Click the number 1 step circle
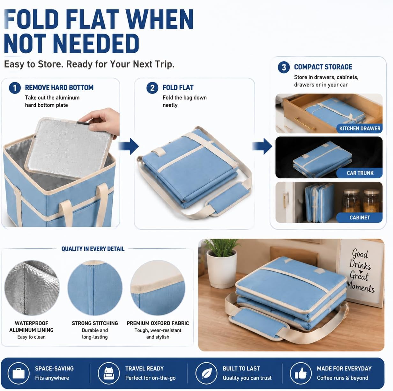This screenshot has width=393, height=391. (x=15, y=88)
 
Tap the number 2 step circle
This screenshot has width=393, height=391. (x=152, y=88)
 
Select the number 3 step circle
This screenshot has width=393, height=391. (x=284, y=67)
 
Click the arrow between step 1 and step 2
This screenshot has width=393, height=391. (x=129, y=146)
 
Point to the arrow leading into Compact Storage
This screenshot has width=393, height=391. (x=262, y=146)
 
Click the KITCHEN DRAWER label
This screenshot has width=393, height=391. (x=360, y=129)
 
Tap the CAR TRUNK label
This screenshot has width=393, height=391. (x=360, y=173)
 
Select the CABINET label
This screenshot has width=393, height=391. (x=360, y=218)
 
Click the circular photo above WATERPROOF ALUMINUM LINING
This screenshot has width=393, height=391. (x=32, y=288)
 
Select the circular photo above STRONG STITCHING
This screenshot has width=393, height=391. (x=95, y=288)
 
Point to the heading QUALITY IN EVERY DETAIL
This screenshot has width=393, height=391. (x=93, y=249)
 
